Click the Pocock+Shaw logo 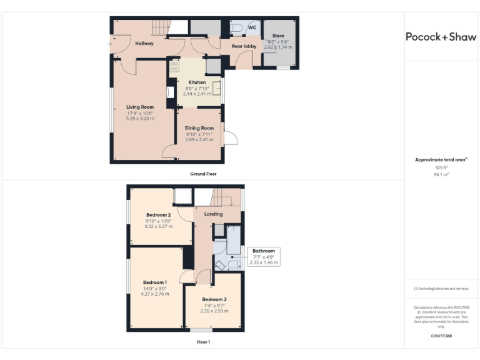(441, 37)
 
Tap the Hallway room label (144, 43)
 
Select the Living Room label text (140, 107)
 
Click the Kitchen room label (197, 82)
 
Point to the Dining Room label (199, 128)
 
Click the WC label (252, 28)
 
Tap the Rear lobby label (244, 46)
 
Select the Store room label (278, 36)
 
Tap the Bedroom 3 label (214, 299)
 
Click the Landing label (213, 214)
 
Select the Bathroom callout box (263, 257)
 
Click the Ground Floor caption (203, 174)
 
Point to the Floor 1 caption (203, 342)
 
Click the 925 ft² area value (441, 167)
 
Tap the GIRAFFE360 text (441, 336)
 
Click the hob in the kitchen (174, 65)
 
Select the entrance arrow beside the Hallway (110, 44)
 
